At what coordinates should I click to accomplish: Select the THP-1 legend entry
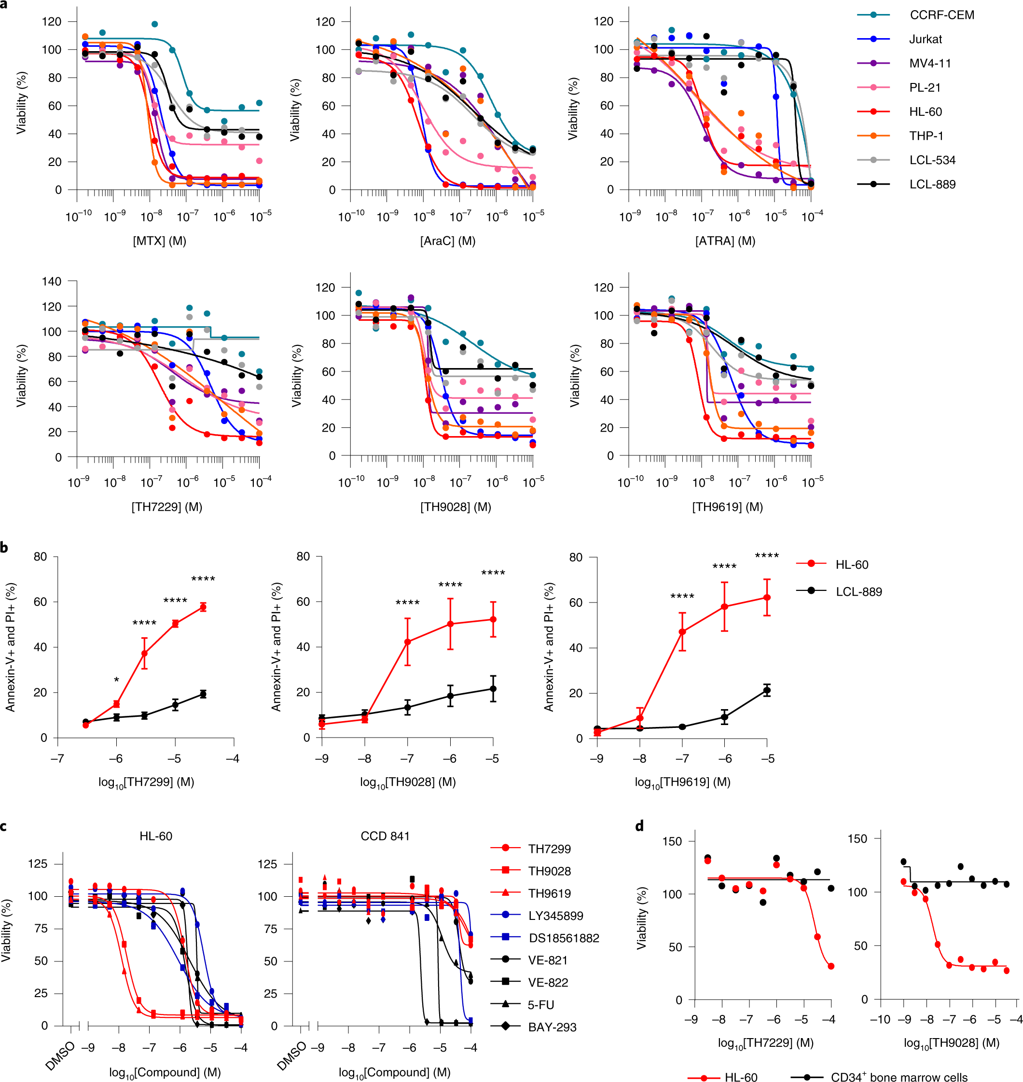(x=926, y=136)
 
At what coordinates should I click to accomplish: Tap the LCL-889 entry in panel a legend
(x=932, y=184)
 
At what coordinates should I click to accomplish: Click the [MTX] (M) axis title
(x=159, y=241)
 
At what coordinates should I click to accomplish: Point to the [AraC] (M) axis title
(x=447, y=241)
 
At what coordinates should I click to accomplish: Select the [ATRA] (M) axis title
(x=725, y=241)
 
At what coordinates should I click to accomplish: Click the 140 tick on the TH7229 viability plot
(x=52, y=281)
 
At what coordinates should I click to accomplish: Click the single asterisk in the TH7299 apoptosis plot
(x=116, y=680)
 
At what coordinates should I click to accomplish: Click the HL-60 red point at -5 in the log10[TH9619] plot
(x=767, y=597)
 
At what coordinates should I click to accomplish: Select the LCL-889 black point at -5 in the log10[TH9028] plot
(x=493, y=689)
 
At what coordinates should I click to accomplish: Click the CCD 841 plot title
(x=385, y=836)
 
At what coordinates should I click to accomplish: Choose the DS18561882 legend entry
(x=563, y=938)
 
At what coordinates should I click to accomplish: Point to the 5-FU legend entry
(x=540, y=1005)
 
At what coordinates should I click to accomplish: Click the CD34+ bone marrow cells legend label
(x=899, y=1077)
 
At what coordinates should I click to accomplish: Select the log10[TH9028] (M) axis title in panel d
(x=951, y=1043)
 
